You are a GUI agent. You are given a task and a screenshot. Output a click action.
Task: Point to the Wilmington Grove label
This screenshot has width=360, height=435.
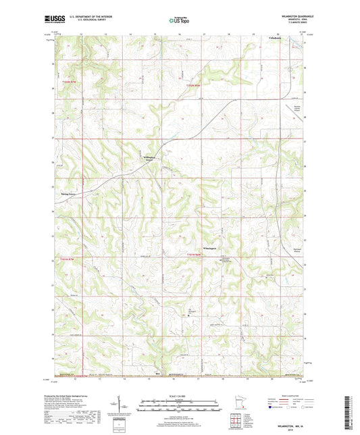click(149, 159)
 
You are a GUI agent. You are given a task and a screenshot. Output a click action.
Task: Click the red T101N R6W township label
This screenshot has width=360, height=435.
click(195, 254)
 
